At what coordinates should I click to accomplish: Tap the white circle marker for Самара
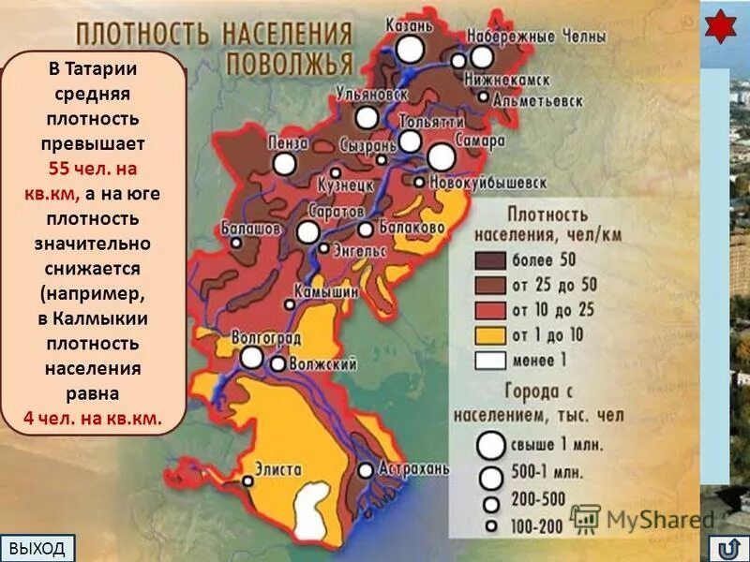tap(441, 156)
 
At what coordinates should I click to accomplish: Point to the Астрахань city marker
tap(366, 470)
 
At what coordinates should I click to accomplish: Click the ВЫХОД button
tap(37, 548)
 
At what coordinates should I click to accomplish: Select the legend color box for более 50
tap(490, 260)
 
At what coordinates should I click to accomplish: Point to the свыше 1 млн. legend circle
tap(490, 443)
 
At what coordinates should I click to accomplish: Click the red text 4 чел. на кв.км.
tap(93, 418)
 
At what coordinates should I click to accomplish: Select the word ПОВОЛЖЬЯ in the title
tap(290, 63)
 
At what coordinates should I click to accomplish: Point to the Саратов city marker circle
tap(308, 231)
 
